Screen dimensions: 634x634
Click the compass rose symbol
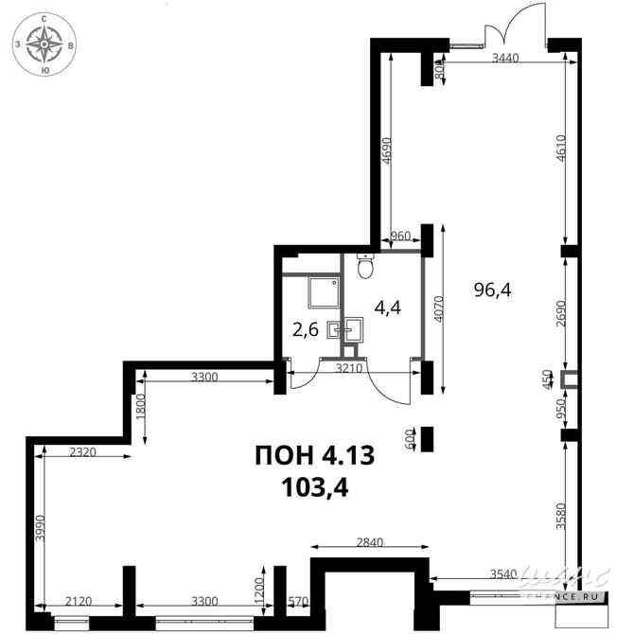point(44,44)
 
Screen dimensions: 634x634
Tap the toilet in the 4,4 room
point(365,266)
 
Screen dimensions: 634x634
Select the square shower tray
point(324,292)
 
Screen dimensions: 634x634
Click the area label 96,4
point(492,290)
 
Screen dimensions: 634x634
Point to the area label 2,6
point(306,330)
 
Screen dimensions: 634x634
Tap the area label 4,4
point(387,308)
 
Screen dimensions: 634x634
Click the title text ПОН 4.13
point(315,455)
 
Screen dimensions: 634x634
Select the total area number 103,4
point(315,487)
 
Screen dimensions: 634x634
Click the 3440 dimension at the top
point(505,59)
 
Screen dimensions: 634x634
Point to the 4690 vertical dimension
point(386,150)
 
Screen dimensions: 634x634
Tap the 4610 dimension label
point(560,148)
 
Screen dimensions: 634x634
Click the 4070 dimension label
point(438,308)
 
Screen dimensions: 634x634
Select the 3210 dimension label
point(350,368)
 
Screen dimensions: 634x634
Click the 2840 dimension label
point(370,542)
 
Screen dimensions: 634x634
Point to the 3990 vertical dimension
point(39,528)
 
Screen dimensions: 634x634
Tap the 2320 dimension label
point(83,451)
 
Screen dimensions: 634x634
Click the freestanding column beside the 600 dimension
point(427,439)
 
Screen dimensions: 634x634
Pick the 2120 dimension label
point(79,601)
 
